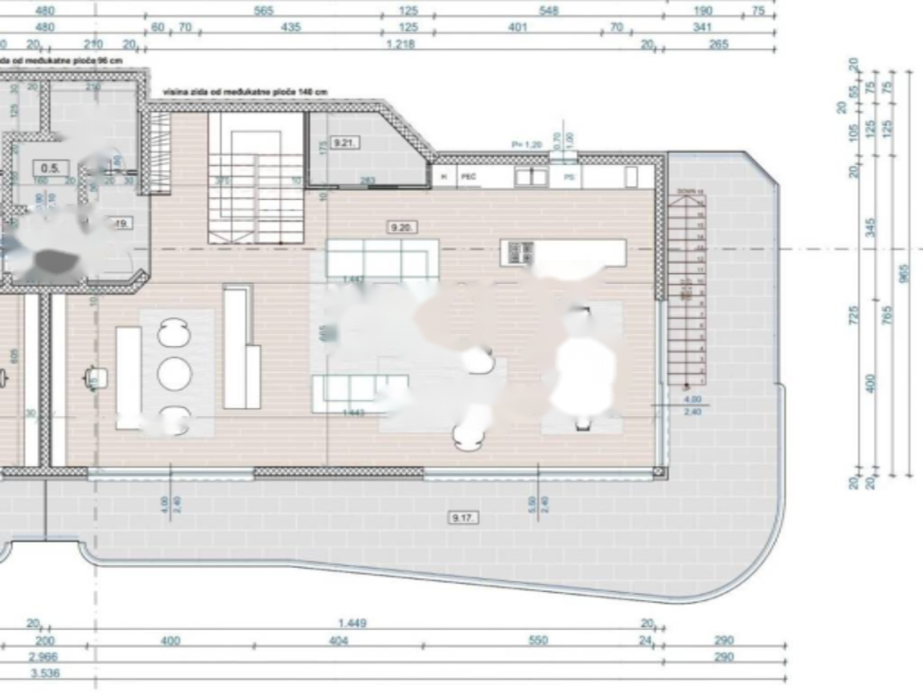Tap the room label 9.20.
[401, 228]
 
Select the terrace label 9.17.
[464, 517]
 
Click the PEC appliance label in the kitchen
[469, 178]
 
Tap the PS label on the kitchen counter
[570, 178]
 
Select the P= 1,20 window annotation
[524, 144]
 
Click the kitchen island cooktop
[519, 252]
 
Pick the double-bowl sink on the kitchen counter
[531, 177]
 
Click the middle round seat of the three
[174, 373]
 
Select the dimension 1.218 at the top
[399, 44]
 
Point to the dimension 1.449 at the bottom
[352, 623]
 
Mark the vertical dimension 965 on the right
[905, 272]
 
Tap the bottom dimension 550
[537, 641]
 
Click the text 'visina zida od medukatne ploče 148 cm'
[245, 93]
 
